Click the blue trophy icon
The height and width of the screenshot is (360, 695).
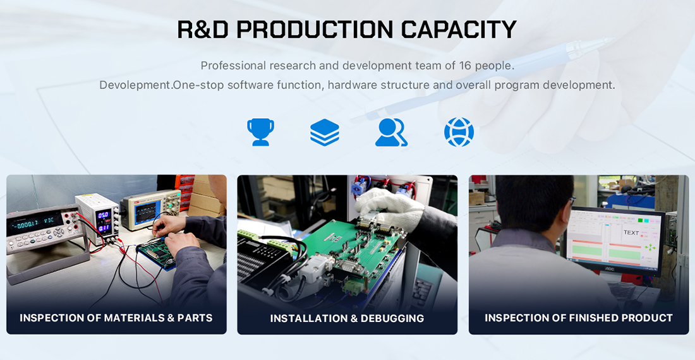(260, 132)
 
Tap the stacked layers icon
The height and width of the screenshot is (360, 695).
(325, 132)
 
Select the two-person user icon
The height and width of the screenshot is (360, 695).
(391, 132)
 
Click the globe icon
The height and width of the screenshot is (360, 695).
(459, 132)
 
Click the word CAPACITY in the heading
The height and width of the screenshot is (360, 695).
(459, 30)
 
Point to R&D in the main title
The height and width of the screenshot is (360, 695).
(203, 30)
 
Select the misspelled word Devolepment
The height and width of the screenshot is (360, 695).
(136, 85)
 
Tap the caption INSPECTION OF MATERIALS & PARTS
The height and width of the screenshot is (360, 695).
(116, 318)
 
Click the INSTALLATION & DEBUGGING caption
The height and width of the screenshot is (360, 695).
(347, 318)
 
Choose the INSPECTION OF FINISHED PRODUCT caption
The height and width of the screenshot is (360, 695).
(578, 318)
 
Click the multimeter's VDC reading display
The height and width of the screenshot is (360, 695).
(35, 220)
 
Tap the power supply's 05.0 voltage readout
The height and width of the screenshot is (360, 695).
(103, 215)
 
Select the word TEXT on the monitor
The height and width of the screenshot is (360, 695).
(631, 232)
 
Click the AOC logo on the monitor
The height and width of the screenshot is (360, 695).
(611, 269)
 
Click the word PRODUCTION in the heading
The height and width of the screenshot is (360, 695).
(315, 30)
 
